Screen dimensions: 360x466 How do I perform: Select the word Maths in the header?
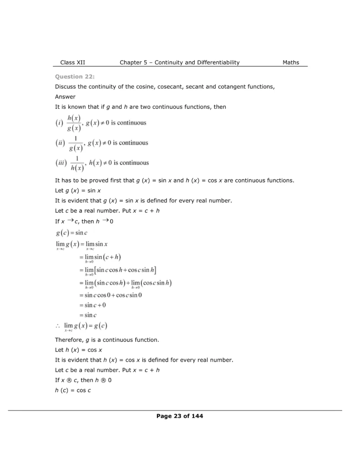(291, 62)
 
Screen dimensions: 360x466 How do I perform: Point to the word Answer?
(65, 96)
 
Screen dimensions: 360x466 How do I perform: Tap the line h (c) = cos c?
(73, 390)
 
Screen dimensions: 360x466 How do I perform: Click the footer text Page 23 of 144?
(179, 415)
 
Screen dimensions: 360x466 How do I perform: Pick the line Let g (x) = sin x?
(78, 190)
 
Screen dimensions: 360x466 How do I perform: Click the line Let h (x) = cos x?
(78, 350)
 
